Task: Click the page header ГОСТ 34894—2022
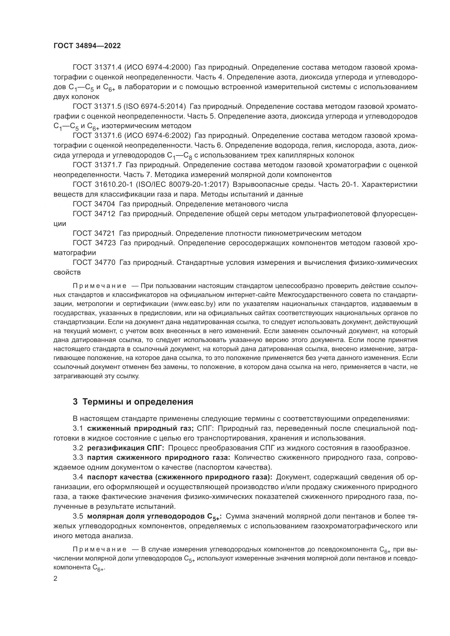[x=87, y=46]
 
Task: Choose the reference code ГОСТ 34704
[x=94, y=204]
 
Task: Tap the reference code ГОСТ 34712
[x=94, y=214]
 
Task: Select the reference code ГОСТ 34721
[x=94, y=233]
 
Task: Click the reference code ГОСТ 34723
[x=94, y=243]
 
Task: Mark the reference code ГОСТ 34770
[x=94, y=262]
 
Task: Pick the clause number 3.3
[x=78, y=458]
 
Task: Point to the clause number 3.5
[x=78, y=516]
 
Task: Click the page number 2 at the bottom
[x=56, y=579]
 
